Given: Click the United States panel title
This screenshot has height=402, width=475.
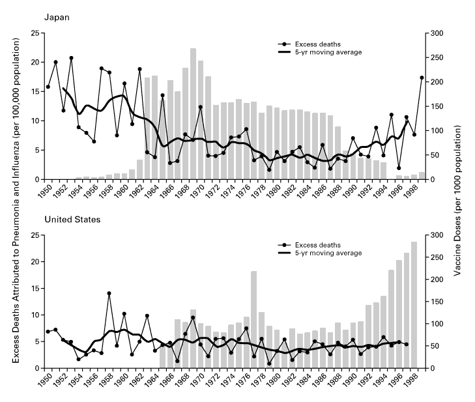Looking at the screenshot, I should pyautogui.click(x=72, y=219).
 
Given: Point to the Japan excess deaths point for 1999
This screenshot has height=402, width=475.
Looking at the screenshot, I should pyautogui.click(x=422, y=78).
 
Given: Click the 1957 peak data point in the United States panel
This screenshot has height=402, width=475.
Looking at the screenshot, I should pyautogui.click(x=109, y=293).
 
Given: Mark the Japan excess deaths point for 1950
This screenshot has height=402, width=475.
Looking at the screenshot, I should pyautogui.click(x=48, y=87).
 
